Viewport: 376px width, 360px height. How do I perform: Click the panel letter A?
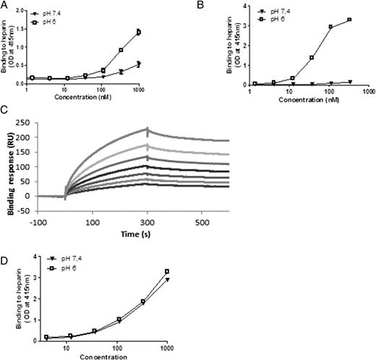click(5, 5)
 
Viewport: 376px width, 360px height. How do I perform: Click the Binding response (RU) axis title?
click(13, 165)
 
